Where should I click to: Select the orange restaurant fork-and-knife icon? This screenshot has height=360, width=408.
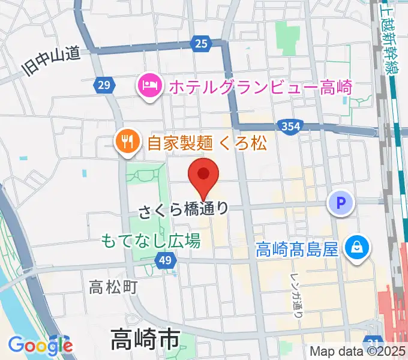[x=127, y=143]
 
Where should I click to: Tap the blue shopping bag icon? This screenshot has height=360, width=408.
[x=356, y=248]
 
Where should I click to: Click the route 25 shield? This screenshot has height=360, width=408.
[x=202, y=43]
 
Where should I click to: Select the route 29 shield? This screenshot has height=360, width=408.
[x=104, y=86]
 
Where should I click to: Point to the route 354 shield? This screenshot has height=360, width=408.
[x=290, y=126]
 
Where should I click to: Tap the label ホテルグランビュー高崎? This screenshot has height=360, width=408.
[x=260, y=87]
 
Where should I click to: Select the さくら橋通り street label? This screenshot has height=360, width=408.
[x=184, y=210]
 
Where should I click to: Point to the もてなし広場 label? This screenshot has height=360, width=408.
[x=150, y=241]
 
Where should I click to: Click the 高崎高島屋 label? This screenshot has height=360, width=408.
[x=298, y=248]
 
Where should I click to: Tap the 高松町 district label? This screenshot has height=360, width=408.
[x=113, y=287]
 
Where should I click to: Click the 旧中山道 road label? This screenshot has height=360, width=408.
[x=51, y=62]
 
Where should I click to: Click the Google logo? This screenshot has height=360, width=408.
[x=40, y=344]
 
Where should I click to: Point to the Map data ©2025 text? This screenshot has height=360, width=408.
[x=358, y=352]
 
